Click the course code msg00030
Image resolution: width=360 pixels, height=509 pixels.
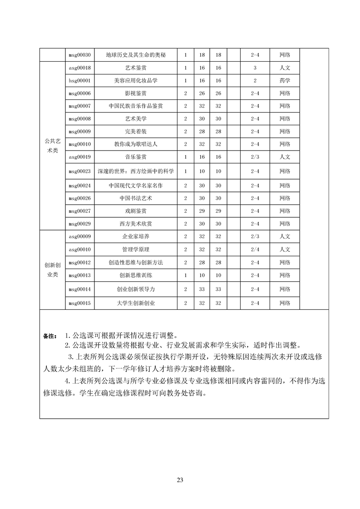pyautogui.click(x=79, y=55)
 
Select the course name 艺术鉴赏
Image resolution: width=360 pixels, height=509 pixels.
pyautogui.click(x=135, y=68)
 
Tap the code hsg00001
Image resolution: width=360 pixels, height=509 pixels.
pyautogui.click(x=79, y=80)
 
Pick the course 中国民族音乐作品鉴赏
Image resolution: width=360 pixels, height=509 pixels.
pyautogui.click(x=135, y=106)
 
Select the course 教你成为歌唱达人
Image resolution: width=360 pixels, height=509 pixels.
pyautogui.click(x=135, y=144)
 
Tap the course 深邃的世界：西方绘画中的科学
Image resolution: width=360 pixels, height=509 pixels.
pyautogui.click(x=135, y=171)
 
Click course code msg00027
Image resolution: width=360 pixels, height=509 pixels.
pyautogui.click(x=79, y=211)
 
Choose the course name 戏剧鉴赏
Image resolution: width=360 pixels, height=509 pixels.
pyautogui.click(x=135, y=211)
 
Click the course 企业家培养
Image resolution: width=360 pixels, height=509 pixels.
pyautogui.click(x=135, y=236)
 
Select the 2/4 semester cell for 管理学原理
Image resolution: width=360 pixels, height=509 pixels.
pyautogui.click(x=255, y=249)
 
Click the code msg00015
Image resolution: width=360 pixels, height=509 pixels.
pyautogui.click(x=79, y=303)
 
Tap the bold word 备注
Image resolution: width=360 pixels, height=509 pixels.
pyautogui.click(x=49, y=336)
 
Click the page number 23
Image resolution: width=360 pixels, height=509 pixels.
pyautogui.click(x=180, y=480)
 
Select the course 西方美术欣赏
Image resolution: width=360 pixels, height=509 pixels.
pyautogui.click(x=135, y=224)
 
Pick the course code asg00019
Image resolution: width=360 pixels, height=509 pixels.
pyautogui.click(x=79, y=157)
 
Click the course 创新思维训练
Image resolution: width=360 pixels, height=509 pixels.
pyautogui.click(x=135, y=275)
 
